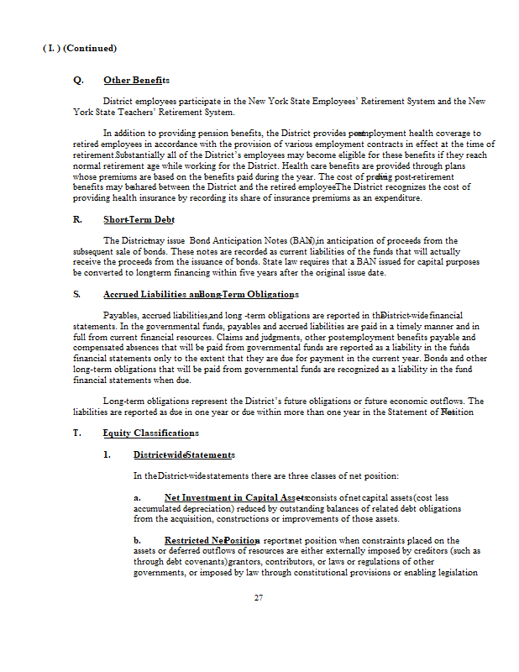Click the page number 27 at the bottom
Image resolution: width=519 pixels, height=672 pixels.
tap(259, 598)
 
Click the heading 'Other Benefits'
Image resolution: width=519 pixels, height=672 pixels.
tap(136, 80)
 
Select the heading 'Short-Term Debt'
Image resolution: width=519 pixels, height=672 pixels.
tap(139, 219)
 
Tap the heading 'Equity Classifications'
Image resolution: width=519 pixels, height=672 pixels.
tap(151, 433)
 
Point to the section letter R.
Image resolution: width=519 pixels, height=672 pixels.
tap(77, 219)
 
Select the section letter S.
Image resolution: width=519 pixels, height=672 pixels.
tap(77, 295)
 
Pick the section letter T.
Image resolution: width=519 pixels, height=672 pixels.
tap(77, 433)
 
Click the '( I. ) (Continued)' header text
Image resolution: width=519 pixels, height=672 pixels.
tap(80, 49)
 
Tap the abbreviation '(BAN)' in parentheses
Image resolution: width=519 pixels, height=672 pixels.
tap(300, 240)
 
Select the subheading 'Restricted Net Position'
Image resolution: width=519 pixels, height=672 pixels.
tap(212, 540)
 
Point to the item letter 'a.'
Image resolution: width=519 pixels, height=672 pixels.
tap(137, 497)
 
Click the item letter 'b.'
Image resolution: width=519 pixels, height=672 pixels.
tap(138, 540)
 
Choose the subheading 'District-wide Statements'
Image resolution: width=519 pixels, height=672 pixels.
tap(184, 454)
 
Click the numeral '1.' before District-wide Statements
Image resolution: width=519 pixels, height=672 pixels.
tap(107, 454)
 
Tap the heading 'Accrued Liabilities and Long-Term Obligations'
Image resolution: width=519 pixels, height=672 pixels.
tap(202, 295)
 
